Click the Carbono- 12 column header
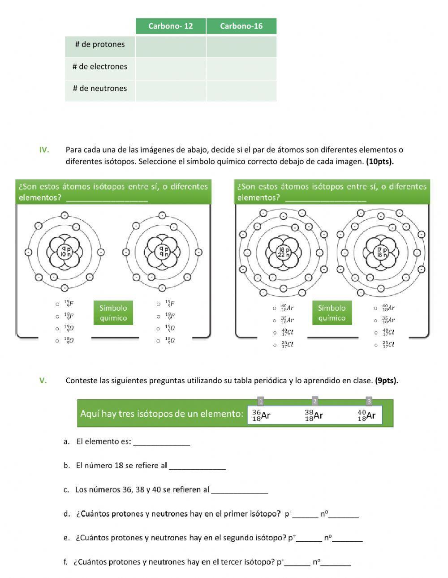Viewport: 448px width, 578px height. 170,26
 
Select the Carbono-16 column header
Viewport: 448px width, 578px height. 241,26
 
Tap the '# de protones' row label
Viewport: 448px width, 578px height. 100,44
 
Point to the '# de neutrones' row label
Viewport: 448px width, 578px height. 100,88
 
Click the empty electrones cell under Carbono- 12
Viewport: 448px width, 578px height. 170,69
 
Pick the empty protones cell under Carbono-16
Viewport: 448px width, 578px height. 241,47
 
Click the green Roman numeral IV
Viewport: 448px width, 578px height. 44,150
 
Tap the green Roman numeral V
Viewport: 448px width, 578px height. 43,381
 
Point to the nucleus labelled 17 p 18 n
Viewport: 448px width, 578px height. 381,252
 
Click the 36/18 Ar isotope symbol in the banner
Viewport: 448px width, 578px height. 261,415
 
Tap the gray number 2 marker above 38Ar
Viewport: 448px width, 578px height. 315,401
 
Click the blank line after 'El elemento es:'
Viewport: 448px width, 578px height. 161,442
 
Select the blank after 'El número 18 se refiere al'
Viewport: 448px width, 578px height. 197,466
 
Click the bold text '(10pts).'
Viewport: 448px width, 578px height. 380,162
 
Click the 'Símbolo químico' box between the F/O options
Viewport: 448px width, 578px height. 113,313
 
